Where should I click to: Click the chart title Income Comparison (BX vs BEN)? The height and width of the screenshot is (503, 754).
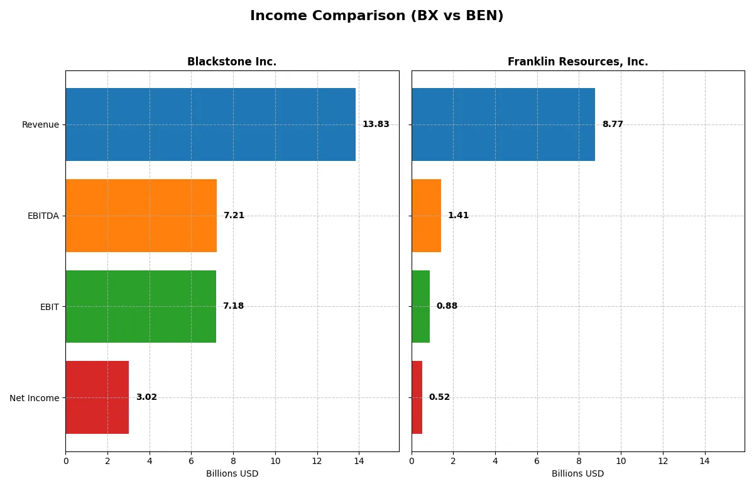click(x=376, y=16)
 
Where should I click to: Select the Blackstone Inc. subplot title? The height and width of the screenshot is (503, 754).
click(x=232, y=62)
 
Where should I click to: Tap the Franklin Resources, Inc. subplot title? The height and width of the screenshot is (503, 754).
click(x=577, y=62)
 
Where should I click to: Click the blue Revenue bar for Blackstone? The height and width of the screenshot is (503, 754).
click(x=210, y=124)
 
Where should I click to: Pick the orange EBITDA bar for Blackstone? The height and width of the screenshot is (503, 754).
click(x=141, y=216)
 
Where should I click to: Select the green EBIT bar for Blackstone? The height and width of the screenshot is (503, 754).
click(x=141, y=306)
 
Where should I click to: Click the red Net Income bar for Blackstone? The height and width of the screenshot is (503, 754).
click(x=97, y=397)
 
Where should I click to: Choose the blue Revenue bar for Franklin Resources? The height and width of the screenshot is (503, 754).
click(x=503, y=124)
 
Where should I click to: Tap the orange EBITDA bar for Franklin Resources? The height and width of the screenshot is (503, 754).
click(x=426, y=216)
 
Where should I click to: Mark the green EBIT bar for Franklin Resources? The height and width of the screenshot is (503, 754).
click(x=420, y=306)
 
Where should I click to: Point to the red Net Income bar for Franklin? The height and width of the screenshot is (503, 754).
click(x=417, y=397)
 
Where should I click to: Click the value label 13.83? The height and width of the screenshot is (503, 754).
click(x=376, y=124)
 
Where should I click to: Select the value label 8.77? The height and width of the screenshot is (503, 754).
click(x=613, y=124)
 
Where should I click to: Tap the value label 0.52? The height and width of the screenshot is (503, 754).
click(x=439, y=397)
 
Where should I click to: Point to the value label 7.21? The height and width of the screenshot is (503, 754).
click(x=234, y=216)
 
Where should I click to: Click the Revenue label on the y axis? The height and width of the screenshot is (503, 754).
click(x=40, y=124)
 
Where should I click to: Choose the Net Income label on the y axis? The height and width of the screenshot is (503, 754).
click(x=35, y=398)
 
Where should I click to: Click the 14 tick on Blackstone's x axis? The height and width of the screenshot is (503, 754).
click(x=359, y=461)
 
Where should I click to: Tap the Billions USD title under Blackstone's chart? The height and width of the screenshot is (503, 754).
click(x=232, y=474)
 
